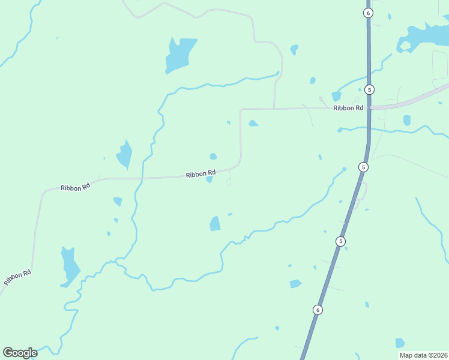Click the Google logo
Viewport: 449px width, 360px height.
point(20,353)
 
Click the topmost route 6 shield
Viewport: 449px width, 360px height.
point(369,13)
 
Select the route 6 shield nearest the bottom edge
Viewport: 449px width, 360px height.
point(318,310)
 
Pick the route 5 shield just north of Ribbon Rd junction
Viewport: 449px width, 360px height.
point(370,89)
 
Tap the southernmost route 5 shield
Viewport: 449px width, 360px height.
point(341,241)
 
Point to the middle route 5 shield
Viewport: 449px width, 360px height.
point(364,167)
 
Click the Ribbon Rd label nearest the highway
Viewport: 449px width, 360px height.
point(349,108)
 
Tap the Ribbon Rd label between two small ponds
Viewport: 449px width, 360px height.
point(200,174)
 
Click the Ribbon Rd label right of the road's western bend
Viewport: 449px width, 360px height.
point(75,187)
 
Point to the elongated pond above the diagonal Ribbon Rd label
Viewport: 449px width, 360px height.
point(70,265)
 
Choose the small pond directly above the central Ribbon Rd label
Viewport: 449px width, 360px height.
point(213,157)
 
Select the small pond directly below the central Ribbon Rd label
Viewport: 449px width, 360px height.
point(209,179)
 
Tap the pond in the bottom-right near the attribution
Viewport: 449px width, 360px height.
point(400,343)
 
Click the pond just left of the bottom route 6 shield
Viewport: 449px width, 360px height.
point(295,284)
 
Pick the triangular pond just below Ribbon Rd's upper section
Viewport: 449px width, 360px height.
point(253,123)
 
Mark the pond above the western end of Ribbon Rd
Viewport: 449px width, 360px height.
point(125,155)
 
